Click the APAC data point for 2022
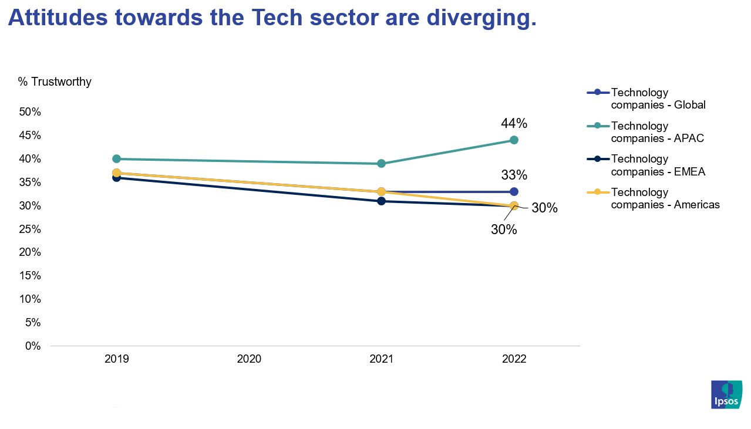click(514, 140)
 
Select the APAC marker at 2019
click(116, 158)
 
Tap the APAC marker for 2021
click(381, 163)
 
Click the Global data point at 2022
click(514, 191)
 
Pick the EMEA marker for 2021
click(381, 201)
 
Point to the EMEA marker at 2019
click(116, 178)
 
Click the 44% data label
click(514, 123)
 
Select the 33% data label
click(514, 175)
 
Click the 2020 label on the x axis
click(249, 359)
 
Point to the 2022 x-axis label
click(514, 359)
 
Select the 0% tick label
click(33, 346)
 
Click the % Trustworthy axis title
click(55, 82)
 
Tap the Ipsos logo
click(726, 394)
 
